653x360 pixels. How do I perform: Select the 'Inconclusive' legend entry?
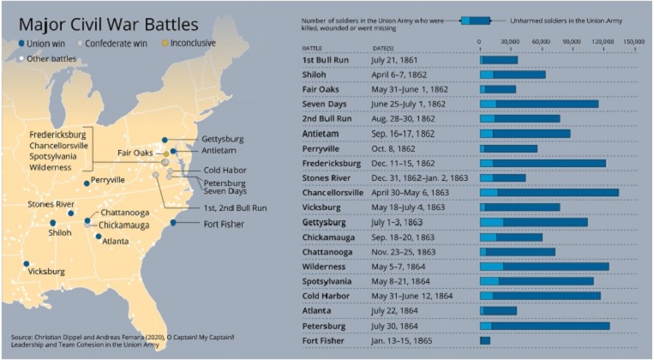coord(188,43)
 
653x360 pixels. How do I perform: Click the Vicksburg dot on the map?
coord(27,264)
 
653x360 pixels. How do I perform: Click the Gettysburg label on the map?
coord(222,139)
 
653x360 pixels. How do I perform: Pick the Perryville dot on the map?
coord(87,183)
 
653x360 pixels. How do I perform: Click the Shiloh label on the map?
coord(60,231)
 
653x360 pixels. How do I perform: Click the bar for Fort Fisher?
coord(485,340)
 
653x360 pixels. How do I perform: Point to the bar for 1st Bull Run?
coord(498,59)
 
